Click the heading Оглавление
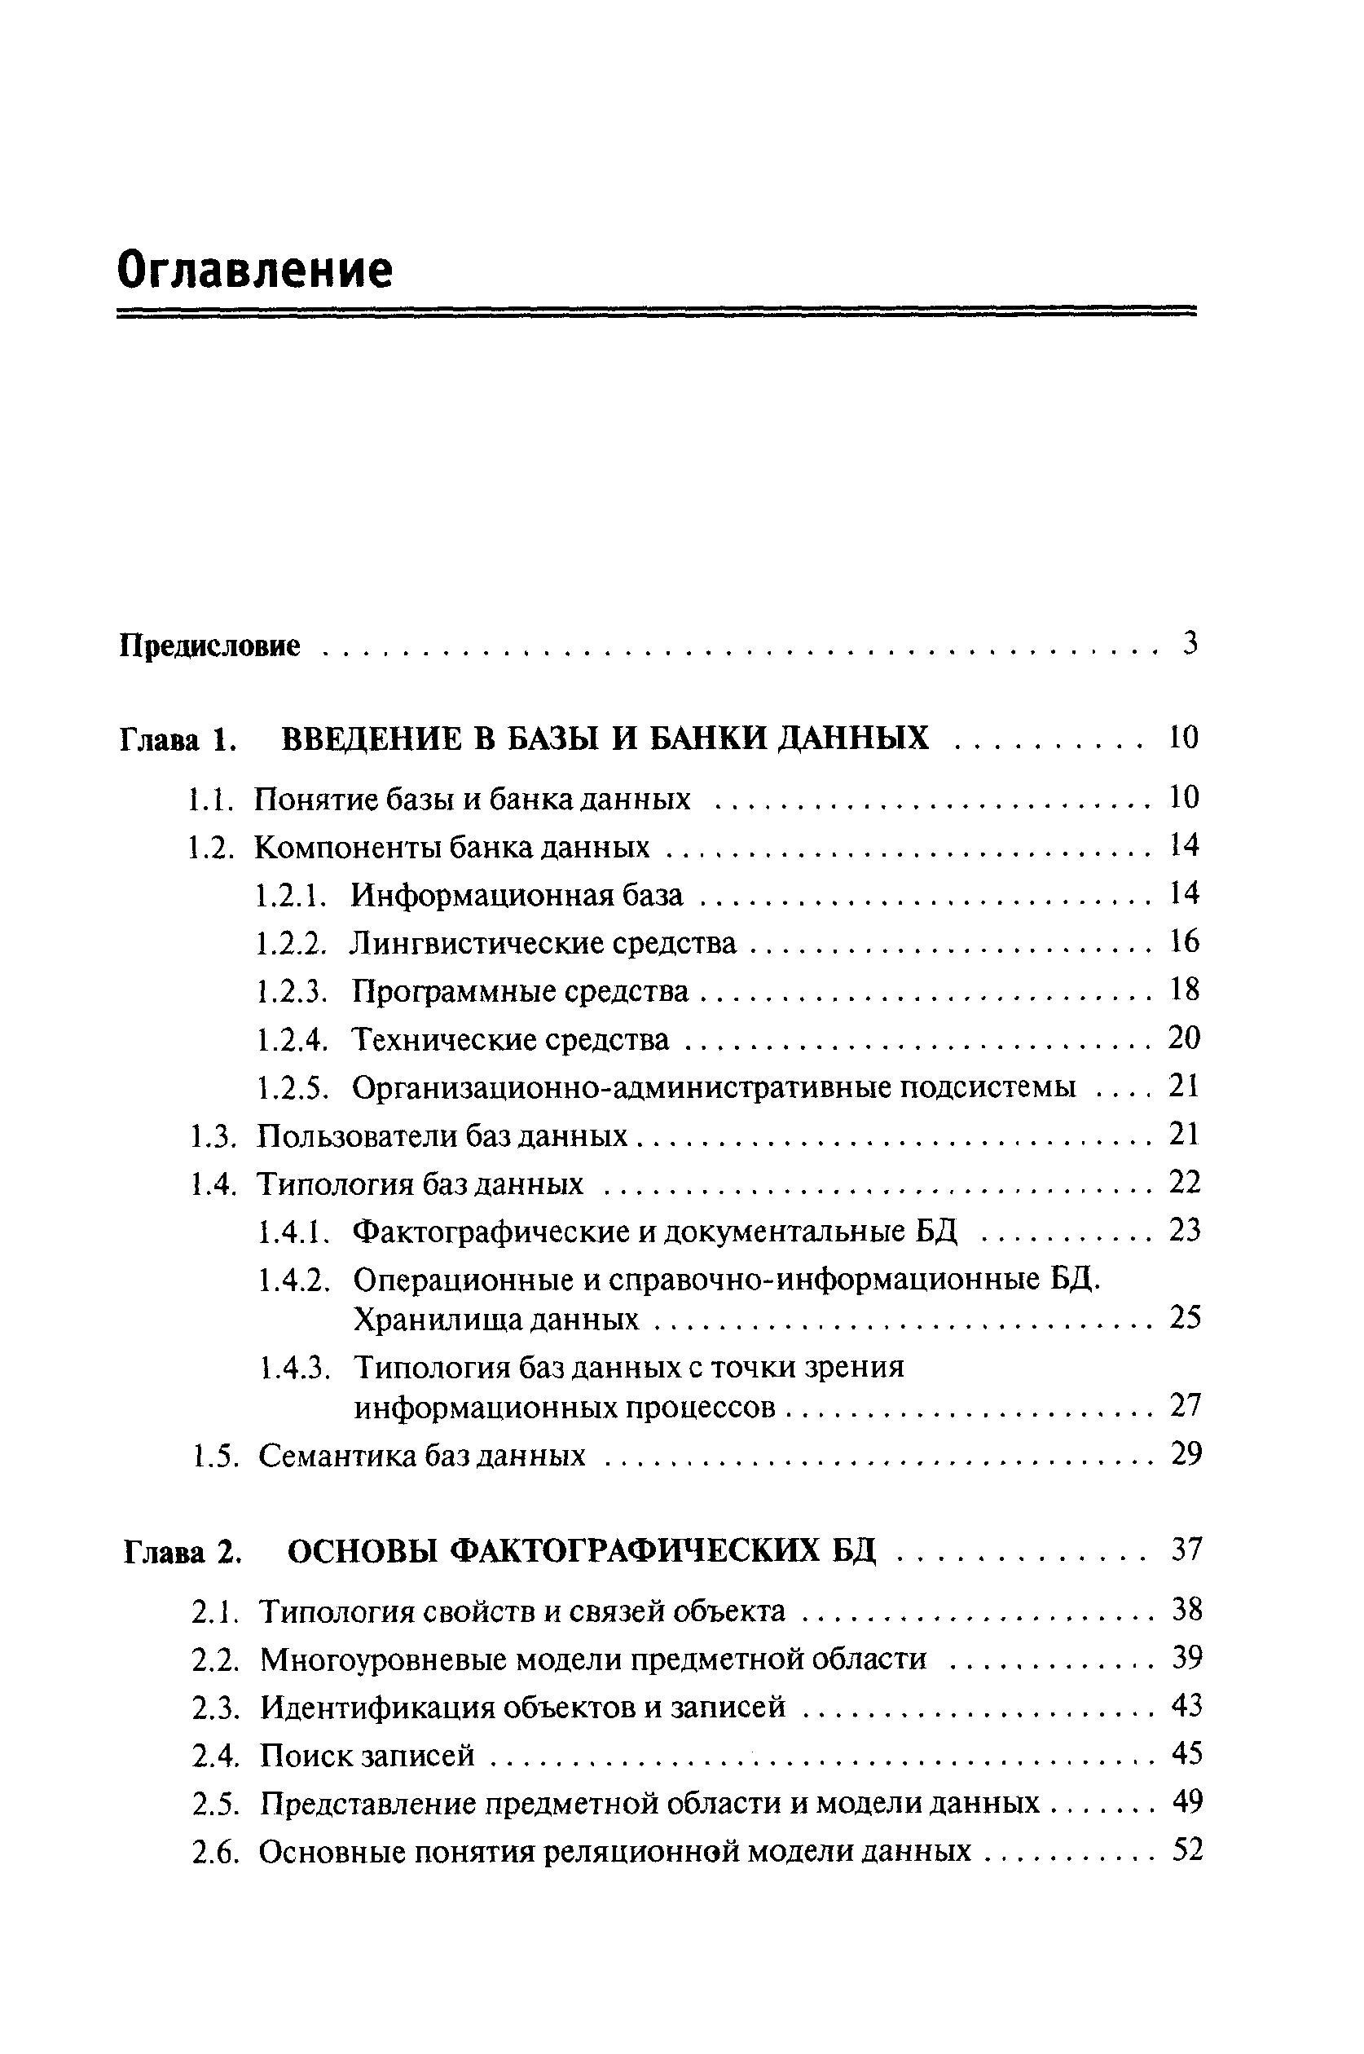tap(255, 271)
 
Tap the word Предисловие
tap(209, 646)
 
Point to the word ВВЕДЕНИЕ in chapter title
tap(372, 738)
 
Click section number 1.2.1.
tap(292, 894)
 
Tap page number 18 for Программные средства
tap(1184, 990)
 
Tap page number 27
tap(1186, 1405)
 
